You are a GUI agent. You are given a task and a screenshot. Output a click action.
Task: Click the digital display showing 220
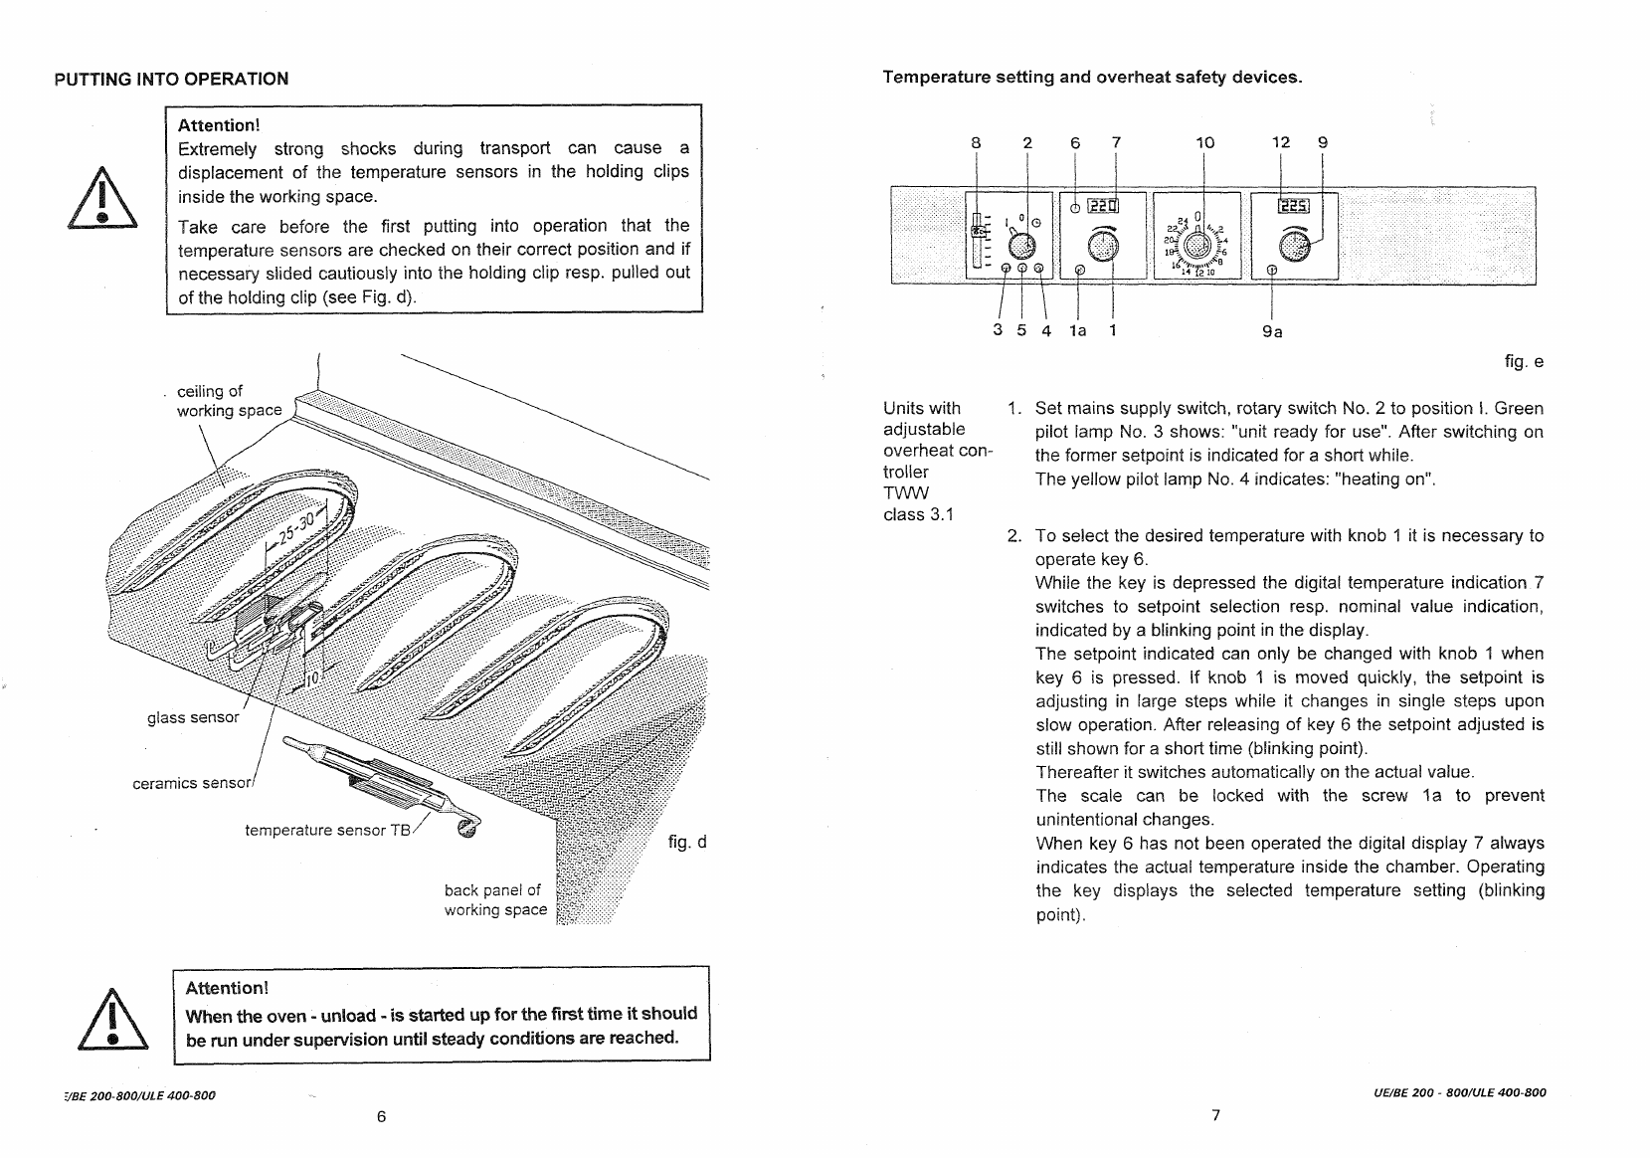point(1103,206)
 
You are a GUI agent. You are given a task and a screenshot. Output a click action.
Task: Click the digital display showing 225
point(1294,206)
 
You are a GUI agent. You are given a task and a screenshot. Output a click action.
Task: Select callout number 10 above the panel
point(1205,143)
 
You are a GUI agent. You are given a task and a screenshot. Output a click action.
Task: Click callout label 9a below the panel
point(1272,332)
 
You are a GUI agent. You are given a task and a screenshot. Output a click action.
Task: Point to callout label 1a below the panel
point(1078,330)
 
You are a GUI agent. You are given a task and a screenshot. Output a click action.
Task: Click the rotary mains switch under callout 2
point(1021,246)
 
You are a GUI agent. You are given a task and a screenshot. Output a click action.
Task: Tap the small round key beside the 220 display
point(1075,209)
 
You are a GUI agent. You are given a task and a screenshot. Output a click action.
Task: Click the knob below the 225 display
point(1294,246)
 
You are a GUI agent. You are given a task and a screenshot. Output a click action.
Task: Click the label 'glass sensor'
point(193,717)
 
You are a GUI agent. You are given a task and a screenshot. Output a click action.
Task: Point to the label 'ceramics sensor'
point(192,783)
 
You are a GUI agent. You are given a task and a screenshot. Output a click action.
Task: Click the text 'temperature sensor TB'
point(328,830)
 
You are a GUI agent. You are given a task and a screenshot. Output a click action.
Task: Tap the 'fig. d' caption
point(687,842)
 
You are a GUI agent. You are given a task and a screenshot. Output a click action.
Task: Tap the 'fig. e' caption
point(1524,362)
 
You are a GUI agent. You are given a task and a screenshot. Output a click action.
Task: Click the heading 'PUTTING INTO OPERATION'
point(171,79)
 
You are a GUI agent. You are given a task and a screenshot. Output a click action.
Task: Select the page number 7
point(1216,1115)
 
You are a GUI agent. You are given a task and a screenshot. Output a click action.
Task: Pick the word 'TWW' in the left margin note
point(906,492)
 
